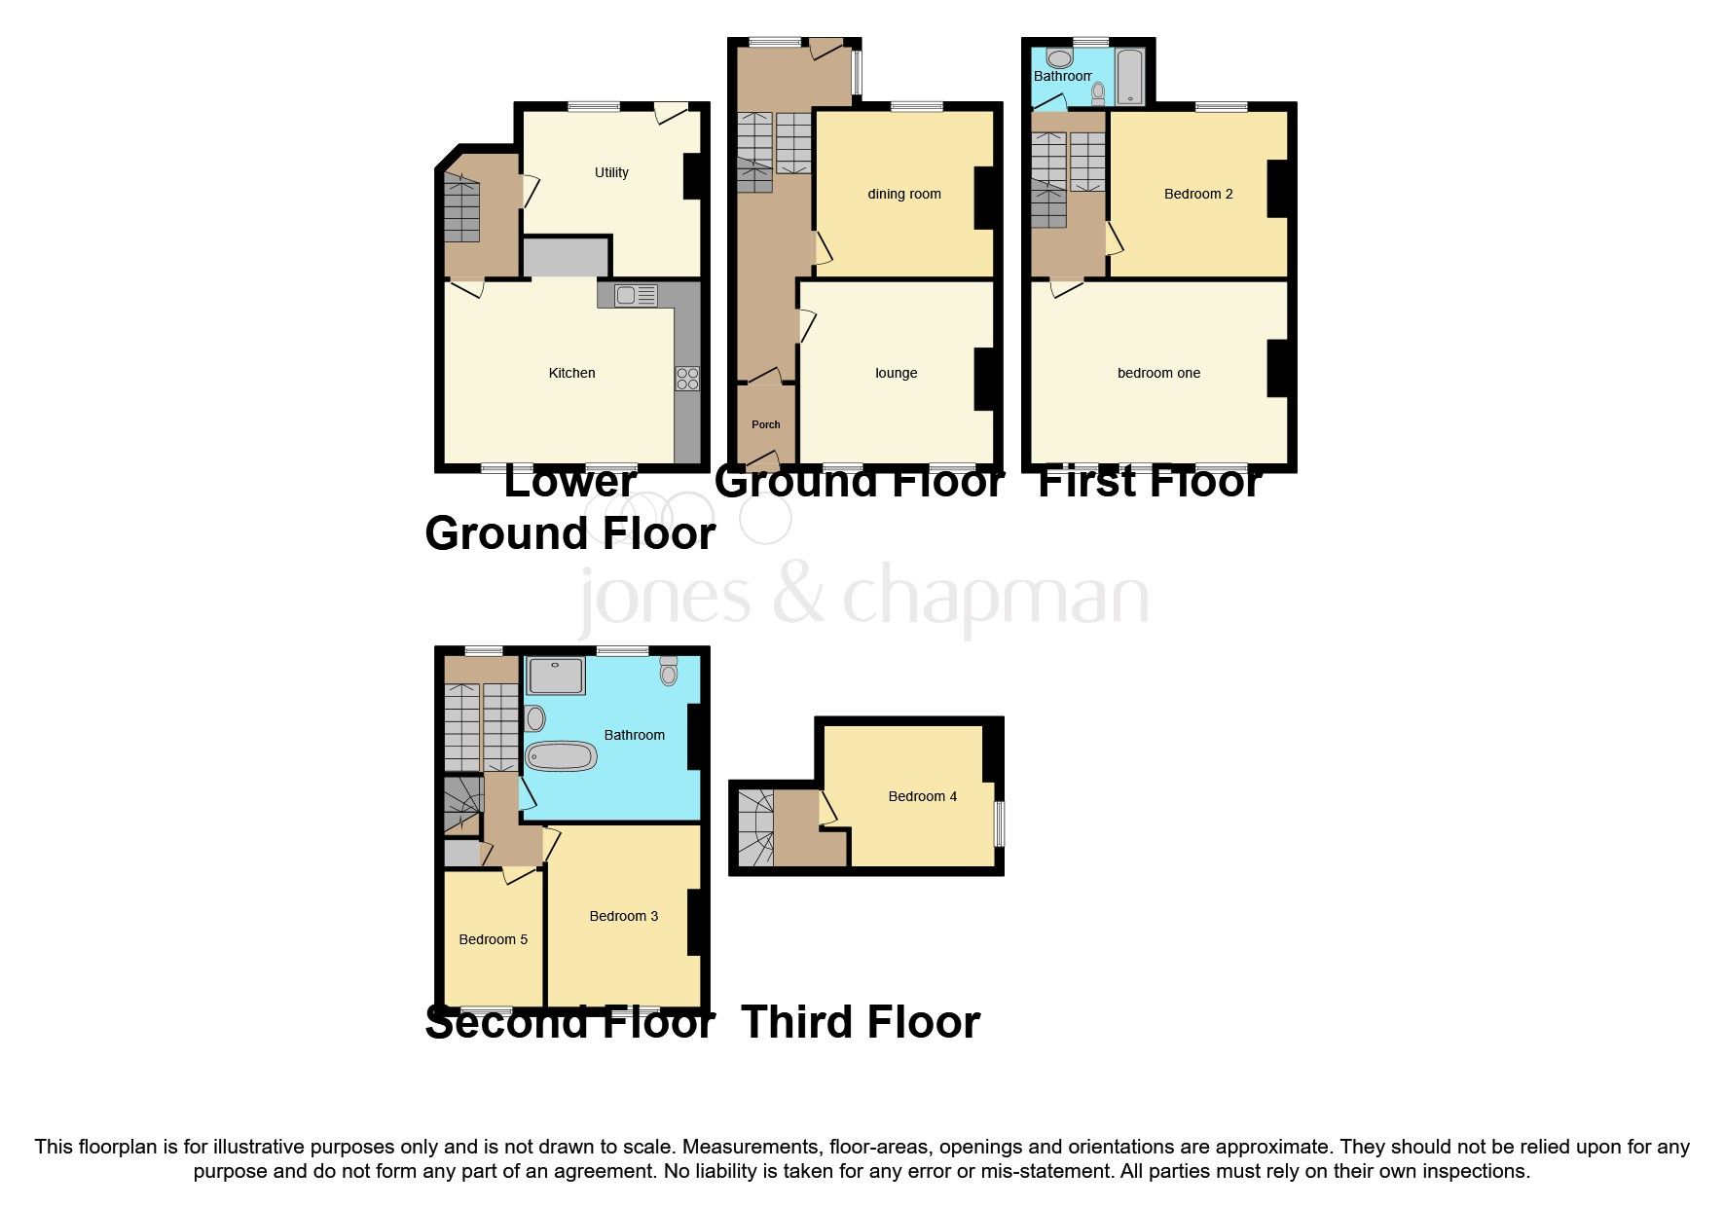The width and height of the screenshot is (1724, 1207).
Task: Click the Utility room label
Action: click(x=611, y=172)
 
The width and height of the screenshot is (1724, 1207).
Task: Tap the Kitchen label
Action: click(x=571, y=373)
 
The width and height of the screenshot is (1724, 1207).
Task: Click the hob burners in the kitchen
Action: click(x=687, y=379)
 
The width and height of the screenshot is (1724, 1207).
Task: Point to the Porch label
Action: click(x=766, y=424)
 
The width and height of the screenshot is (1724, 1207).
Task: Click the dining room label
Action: click(x=904, y=194)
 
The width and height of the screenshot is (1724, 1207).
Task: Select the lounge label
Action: click(x=896, y=373)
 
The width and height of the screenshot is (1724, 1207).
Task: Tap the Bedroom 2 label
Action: click(x=1198, y=194)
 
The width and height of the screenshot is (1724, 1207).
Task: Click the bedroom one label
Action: click(x=1158, y=373)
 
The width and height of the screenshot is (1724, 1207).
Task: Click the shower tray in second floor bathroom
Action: click(x=556, y=677)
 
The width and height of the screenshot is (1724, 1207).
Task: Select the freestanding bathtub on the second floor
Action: click(x=561, y=756)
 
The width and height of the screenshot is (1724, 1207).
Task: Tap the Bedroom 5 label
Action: click(x=493, y=939)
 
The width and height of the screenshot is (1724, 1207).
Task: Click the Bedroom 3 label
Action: click(x=623, y=916)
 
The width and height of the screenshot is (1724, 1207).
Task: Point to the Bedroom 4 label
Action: click(x=922, y=796)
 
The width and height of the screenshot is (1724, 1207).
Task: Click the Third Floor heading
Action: click(x=861, y=1022)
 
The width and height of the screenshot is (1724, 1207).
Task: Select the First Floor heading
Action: click(x=1150, y=482)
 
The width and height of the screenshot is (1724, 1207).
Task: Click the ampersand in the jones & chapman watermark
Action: click(x=800, y=596)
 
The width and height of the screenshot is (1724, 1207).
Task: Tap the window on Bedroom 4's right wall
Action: click(x=999, y=823)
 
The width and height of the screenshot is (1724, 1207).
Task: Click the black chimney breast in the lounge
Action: click(x=985, y=378)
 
